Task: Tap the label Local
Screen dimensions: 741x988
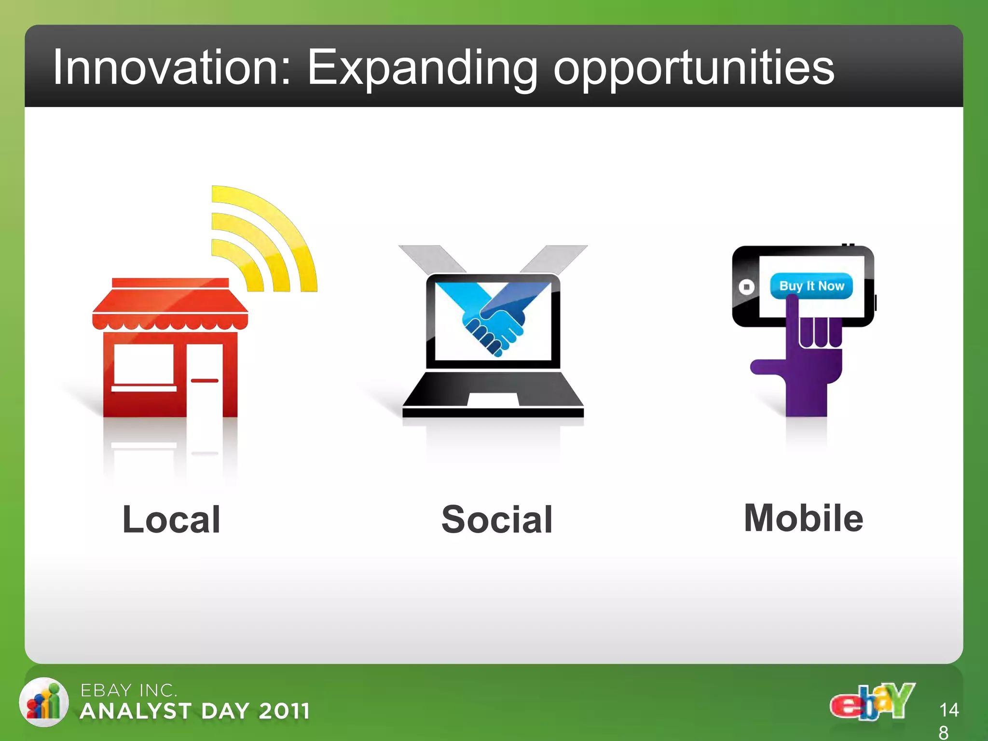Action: pos(171,519)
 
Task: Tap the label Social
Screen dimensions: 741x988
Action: pos(496,520)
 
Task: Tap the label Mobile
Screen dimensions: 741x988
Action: pos(803,518)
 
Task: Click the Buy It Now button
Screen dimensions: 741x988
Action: pos(811,286)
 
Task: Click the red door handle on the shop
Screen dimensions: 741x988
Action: pos(205,381)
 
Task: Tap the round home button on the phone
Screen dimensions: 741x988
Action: pos(746,287)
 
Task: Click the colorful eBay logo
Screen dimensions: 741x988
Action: pos(872,702)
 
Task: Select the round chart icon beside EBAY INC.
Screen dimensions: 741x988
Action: pos(43,702)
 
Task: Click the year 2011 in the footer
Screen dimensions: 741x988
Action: pos(284,711)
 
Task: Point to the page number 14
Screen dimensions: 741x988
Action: pos(948,710)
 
